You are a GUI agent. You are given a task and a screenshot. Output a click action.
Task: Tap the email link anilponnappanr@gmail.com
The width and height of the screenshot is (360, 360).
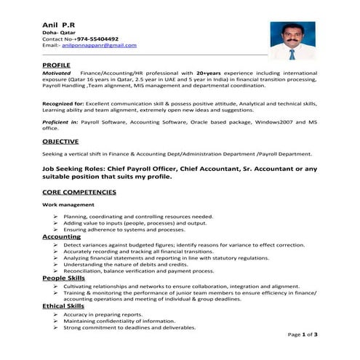pyautogui.click(x=99, y=45)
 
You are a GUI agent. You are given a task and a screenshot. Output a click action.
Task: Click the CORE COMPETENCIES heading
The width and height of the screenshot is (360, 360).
pyautogui.click(x=79, y=192)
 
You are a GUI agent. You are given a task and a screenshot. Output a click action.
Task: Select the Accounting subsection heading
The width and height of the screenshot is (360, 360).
pyautogui.click(x=61, y=237)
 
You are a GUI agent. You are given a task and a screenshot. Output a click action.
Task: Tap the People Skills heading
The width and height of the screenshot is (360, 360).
pyautogui.click(x=63, y=278)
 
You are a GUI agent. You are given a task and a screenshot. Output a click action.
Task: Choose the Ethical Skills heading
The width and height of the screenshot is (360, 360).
pyautogui.click(x=63, y=306)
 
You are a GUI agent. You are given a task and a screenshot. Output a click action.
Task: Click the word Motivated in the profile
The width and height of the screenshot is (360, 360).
pyautogui.click(x=57, y=73)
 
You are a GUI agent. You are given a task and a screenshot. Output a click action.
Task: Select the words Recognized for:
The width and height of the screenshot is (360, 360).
pyautogui.click(x=63, y=104)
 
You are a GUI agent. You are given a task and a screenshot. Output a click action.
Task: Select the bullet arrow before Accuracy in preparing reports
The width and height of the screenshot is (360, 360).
pyautogui.click(x=56, y=314)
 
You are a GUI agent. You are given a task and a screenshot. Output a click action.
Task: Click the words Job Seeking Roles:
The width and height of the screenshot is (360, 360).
pyautogui.click(x=79, y=167)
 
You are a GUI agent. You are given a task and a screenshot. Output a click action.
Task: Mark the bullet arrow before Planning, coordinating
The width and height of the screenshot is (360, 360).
pyautogui.click(x=56, y=217)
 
